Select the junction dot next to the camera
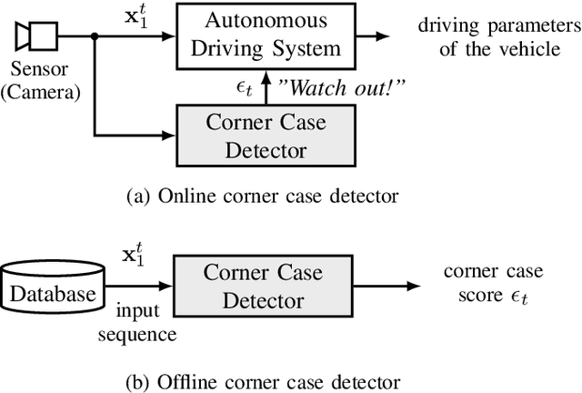(x=95, y=36)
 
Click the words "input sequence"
(x=141, y=325)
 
